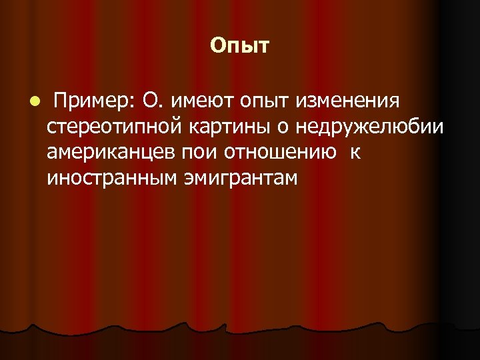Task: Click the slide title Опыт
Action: [239, 46]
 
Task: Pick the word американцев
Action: [111, 153]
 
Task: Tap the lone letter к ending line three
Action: [355, 153]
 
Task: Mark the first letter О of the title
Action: [217, 45]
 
